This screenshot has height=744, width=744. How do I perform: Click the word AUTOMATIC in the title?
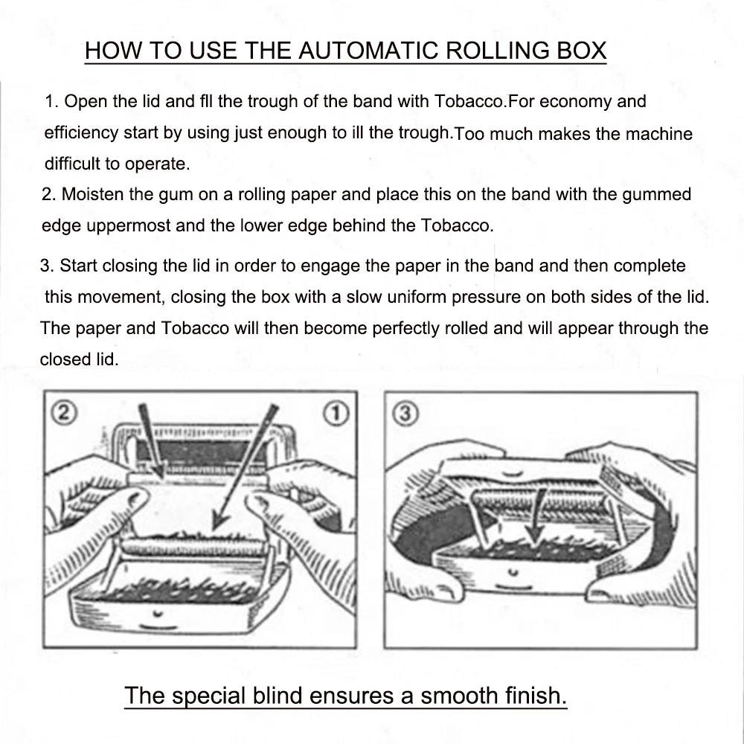point(369,51)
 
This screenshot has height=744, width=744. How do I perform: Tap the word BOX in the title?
point(579,51)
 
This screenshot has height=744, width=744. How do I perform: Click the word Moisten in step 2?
point(92,195)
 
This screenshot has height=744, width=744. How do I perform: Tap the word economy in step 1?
point(581,101)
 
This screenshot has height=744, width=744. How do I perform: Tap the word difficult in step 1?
point(74,164)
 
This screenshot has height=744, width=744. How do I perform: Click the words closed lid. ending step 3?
point(79,359)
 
